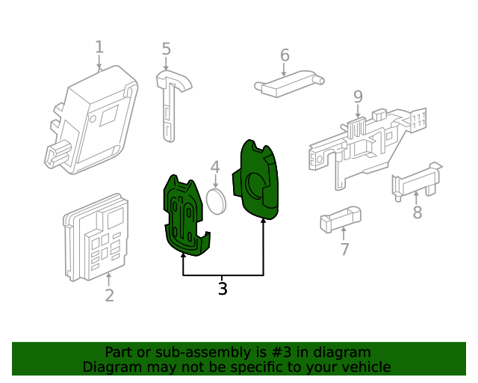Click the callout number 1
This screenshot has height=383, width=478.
(99, 48)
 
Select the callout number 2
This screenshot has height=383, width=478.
(109, 295)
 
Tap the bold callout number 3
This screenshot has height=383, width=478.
(223, 289)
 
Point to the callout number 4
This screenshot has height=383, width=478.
(214, 168)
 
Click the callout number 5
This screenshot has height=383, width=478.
(167, 49)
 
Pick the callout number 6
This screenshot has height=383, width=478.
(285, 55)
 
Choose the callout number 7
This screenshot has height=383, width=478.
(344, 250)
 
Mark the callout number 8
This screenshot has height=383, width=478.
(418, 212)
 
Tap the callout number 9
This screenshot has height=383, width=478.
(358, 96)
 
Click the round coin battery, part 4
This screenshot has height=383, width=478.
(216, 200)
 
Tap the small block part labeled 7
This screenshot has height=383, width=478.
(340, 220)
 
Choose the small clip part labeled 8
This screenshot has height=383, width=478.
(415, 180)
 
